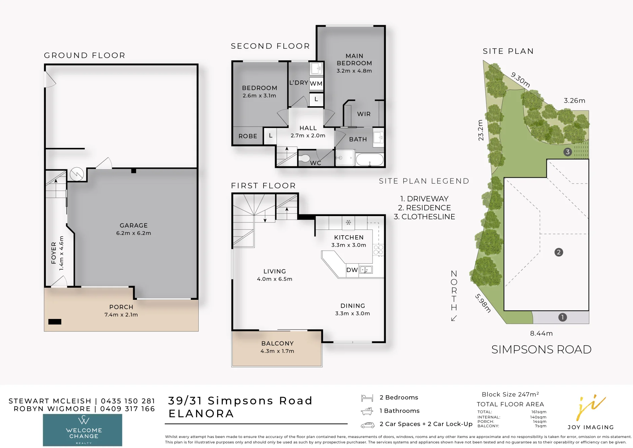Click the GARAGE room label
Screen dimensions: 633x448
point(133,226)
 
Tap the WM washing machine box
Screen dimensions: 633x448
point(316,83)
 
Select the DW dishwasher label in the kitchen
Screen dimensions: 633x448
point(352,270)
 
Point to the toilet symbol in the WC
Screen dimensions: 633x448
point(304,158)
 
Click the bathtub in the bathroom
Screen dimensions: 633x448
point(369,159)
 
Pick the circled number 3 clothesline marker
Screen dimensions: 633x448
point(567,152)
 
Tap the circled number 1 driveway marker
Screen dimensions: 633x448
point(562,317)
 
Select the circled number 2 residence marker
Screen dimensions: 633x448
point(559,252)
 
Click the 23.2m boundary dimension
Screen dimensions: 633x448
point(481,130)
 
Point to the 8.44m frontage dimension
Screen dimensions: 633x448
point(541,333)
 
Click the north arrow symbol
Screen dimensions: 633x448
point(454,318)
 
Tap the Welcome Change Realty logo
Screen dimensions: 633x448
point(82,430)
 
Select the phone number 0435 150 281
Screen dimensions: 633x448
point(128,401)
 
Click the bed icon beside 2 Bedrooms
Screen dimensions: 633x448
point(367,398)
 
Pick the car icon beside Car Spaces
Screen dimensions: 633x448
point(368,425)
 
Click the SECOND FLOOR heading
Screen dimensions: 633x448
point(270,46)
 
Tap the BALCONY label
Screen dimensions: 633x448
point(278,343)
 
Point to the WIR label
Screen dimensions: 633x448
point(364,114)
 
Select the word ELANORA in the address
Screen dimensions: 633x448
point(201,414)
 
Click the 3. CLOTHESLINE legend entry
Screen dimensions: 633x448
point(424,217)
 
